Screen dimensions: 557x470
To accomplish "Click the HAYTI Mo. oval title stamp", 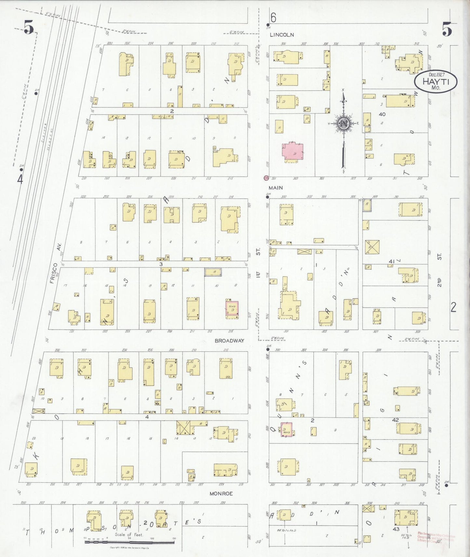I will click(436, 81).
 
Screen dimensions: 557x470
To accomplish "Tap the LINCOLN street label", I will click(282, 35).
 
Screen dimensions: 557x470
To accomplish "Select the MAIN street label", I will click(275, 188).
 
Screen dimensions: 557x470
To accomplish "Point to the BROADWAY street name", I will click(229, 341).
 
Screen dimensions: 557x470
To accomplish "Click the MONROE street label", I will click(221, 493).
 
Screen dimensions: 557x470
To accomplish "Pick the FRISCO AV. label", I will click(55, 263).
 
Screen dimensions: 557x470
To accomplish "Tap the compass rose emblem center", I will click(343, 123).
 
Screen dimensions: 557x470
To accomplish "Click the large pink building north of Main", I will click(292, 152).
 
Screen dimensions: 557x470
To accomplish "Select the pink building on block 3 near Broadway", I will click(232, 308).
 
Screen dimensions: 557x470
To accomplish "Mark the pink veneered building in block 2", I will click(286, 430).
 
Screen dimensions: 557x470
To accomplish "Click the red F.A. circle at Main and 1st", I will click(266, 178).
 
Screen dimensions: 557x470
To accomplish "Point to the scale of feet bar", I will click(129, 542).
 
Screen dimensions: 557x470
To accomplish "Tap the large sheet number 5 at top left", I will click(29, 27).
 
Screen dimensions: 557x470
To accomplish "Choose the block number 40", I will click(382, 114).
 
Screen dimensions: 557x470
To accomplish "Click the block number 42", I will click(395, 420).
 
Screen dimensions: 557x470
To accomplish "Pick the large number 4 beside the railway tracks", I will click(20, 179).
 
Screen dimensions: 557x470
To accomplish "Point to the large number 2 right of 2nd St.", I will click(453, 307).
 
